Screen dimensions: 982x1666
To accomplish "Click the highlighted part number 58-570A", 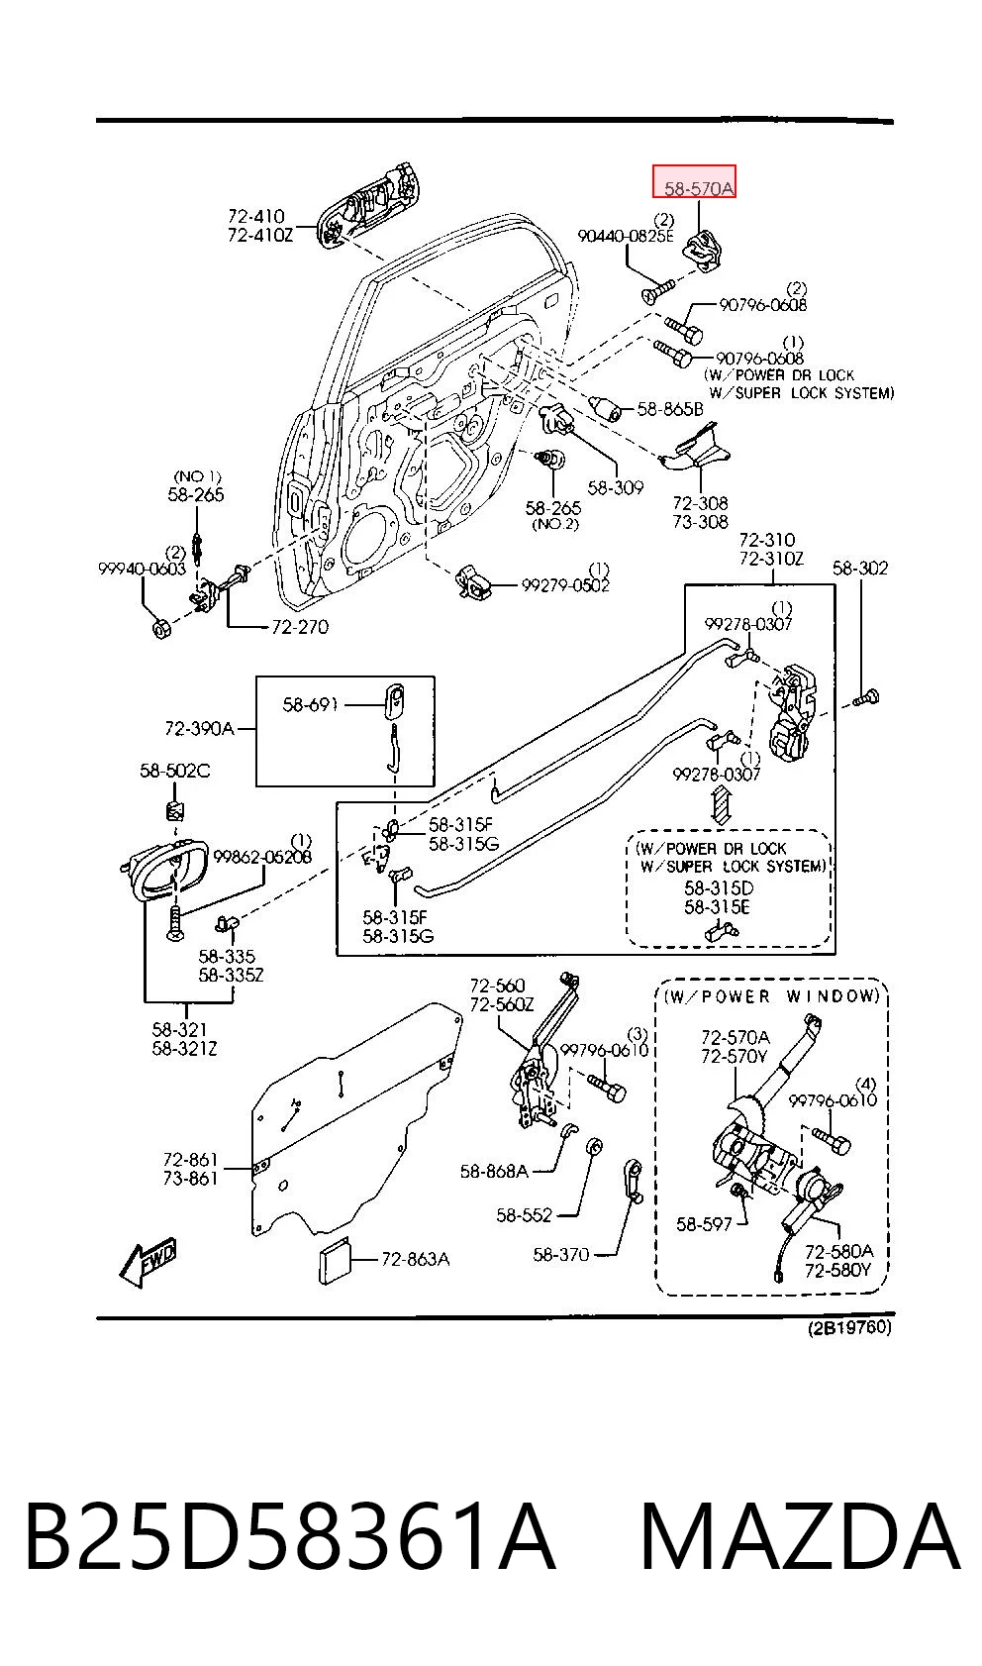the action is (699, 189).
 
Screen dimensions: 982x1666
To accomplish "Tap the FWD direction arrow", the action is (147, 1262).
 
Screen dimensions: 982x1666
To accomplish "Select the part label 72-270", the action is (300, 627).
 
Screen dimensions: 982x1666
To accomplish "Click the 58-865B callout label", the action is (670, 409).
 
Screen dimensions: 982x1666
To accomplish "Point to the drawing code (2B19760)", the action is (849, 1327).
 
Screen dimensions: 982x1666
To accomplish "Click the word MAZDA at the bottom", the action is (801, 1537).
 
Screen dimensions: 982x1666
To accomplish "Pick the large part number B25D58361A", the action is (290, 1537).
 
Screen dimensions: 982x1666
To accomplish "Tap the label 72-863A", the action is (416, 1259).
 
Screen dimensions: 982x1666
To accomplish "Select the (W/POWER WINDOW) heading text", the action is (772, 995).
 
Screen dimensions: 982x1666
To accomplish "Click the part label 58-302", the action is (860, 569).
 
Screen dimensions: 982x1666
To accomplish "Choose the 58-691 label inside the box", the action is (310, 704).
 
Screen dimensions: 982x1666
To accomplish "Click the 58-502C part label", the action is (174, 771).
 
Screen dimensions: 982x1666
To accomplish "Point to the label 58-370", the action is (560, 1255).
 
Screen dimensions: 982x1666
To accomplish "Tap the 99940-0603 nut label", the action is (142, 569).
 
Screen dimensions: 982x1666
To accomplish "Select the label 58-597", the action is (704, 1223).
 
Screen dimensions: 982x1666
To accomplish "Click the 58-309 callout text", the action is (616, 488).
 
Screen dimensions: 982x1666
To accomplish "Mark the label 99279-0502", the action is (565, 585).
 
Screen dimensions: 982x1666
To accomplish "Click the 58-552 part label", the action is (524, 1214).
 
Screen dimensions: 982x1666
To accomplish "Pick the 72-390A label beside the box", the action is (199, 729).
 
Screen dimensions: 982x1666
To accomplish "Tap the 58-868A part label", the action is (494, 1172).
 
